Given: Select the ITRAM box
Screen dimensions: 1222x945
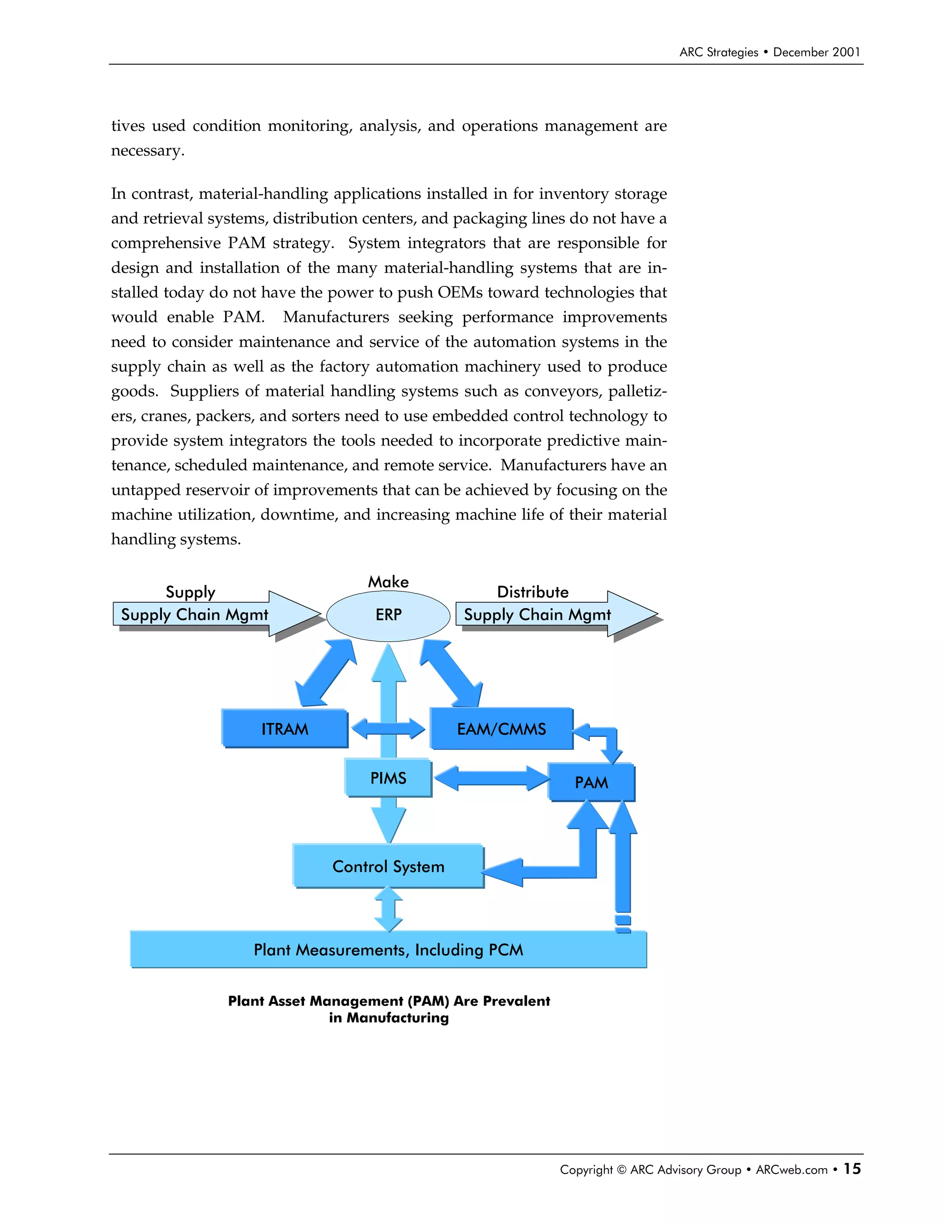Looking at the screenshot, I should point(284,729).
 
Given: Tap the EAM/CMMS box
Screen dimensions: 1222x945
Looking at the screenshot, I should point(501,729).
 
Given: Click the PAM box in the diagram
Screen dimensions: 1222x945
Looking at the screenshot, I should point(591,782).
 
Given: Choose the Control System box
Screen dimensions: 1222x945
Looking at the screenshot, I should point(388,866).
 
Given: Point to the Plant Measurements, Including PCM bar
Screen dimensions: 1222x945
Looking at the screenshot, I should point(388,949).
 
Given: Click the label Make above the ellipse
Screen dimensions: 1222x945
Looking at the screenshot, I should point(388,582).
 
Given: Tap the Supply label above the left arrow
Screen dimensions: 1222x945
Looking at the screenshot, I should point(191,592).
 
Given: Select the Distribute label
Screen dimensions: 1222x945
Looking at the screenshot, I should point(532,592).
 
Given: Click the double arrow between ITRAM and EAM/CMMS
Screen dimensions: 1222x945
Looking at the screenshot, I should point(388,729).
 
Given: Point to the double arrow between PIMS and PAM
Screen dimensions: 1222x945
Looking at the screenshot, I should point(491,778).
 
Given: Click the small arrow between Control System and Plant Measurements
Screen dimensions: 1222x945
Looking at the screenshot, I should point(388,909).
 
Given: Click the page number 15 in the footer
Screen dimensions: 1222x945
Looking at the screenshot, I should point(852,1169).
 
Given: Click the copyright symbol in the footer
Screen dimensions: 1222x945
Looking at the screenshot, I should point(622,1170).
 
